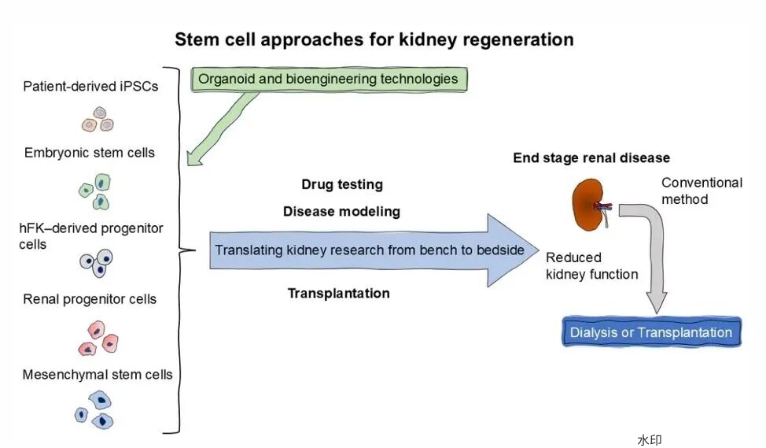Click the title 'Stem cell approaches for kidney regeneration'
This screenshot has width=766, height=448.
coord(374,39)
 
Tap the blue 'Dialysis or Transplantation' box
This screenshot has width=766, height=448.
coord(652,332)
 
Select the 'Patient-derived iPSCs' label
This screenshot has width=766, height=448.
coord(90,86)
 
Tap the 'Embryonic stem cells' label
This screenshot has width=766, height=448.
coord(90,152)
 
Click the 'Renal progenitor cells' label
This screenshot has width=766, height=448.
coord(90,299)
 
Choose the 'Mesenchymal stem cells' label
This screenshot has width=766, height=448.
coord(98,375)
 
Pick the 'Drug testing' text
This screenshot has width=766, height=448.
coord(342,185)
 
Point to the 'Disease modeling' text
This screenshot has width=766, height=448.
coord(341,212)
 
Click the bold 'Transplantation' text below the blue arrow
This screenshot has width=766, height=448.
coord(338,294)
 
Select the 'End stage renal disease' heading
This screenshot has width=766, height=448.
coord(591,158)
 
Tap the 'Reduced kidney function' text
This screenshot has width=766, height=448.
coord(591,266)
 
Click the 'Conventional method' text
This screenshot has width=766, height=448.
coord(702,191)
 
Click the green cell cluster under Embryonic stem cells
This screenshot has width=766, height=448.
coord(95,191)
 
